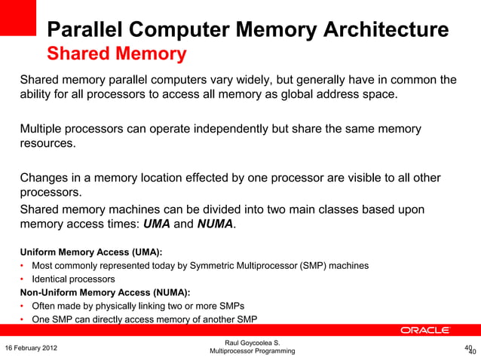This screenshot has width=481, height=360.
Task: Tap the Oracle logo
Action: point(424,331)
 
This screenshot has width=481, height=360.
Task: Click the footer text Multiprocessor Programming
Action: point(252,352)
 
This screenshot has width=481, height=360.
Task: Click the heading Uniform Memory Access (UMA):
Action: point(91,252)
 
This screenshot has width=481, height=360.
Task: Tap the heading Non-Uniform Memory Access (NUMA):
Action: point(105,292)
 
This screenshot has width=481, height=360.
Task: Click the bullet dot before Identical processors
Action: point(23,279)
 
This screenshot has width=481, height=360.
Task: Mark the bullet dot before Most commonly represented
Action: point(23,266)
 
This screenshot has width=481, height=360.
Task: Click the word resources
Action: point(47,143)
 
